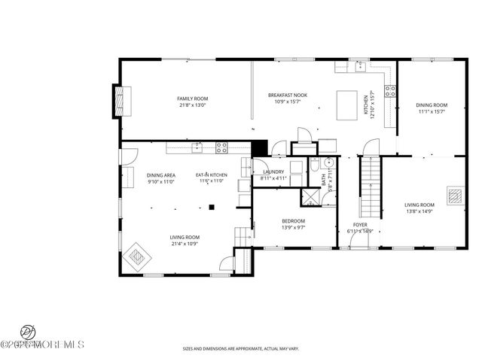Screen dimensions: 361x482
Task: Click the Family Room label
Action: (193, 99)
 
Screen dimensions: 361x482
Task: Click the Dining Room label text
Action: (432, 105)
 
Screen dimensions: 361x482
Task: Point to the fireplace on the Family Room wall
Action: (122, 99)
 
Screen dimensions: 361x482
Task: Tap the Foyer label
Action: (360, 224)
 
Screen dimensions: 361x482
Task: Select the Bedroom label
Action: (272, 220)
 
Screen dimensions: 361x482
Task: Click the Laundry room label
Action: (273, 172)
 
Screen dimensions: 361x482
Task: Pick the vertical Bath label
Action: (324, 180)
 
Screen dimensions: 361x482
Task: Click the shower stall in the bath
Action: (310, 198)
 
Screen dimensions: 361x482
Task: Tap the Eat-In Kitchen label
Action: (212, 175)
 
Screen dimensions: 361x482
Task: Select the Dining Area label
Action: (161, 175)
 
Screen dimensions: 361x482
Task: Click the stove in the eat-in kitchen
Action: (222, 147)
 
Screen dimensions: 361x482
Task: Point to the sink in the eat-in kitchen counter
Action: (197, 147)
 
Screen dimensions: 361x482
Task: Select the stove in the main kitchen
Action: (390, 91)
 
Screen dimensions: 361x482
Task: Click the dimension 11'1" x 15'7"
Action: (432, 111)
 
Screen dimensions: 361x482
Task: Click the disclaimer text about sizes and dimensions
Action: (240, 348)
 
